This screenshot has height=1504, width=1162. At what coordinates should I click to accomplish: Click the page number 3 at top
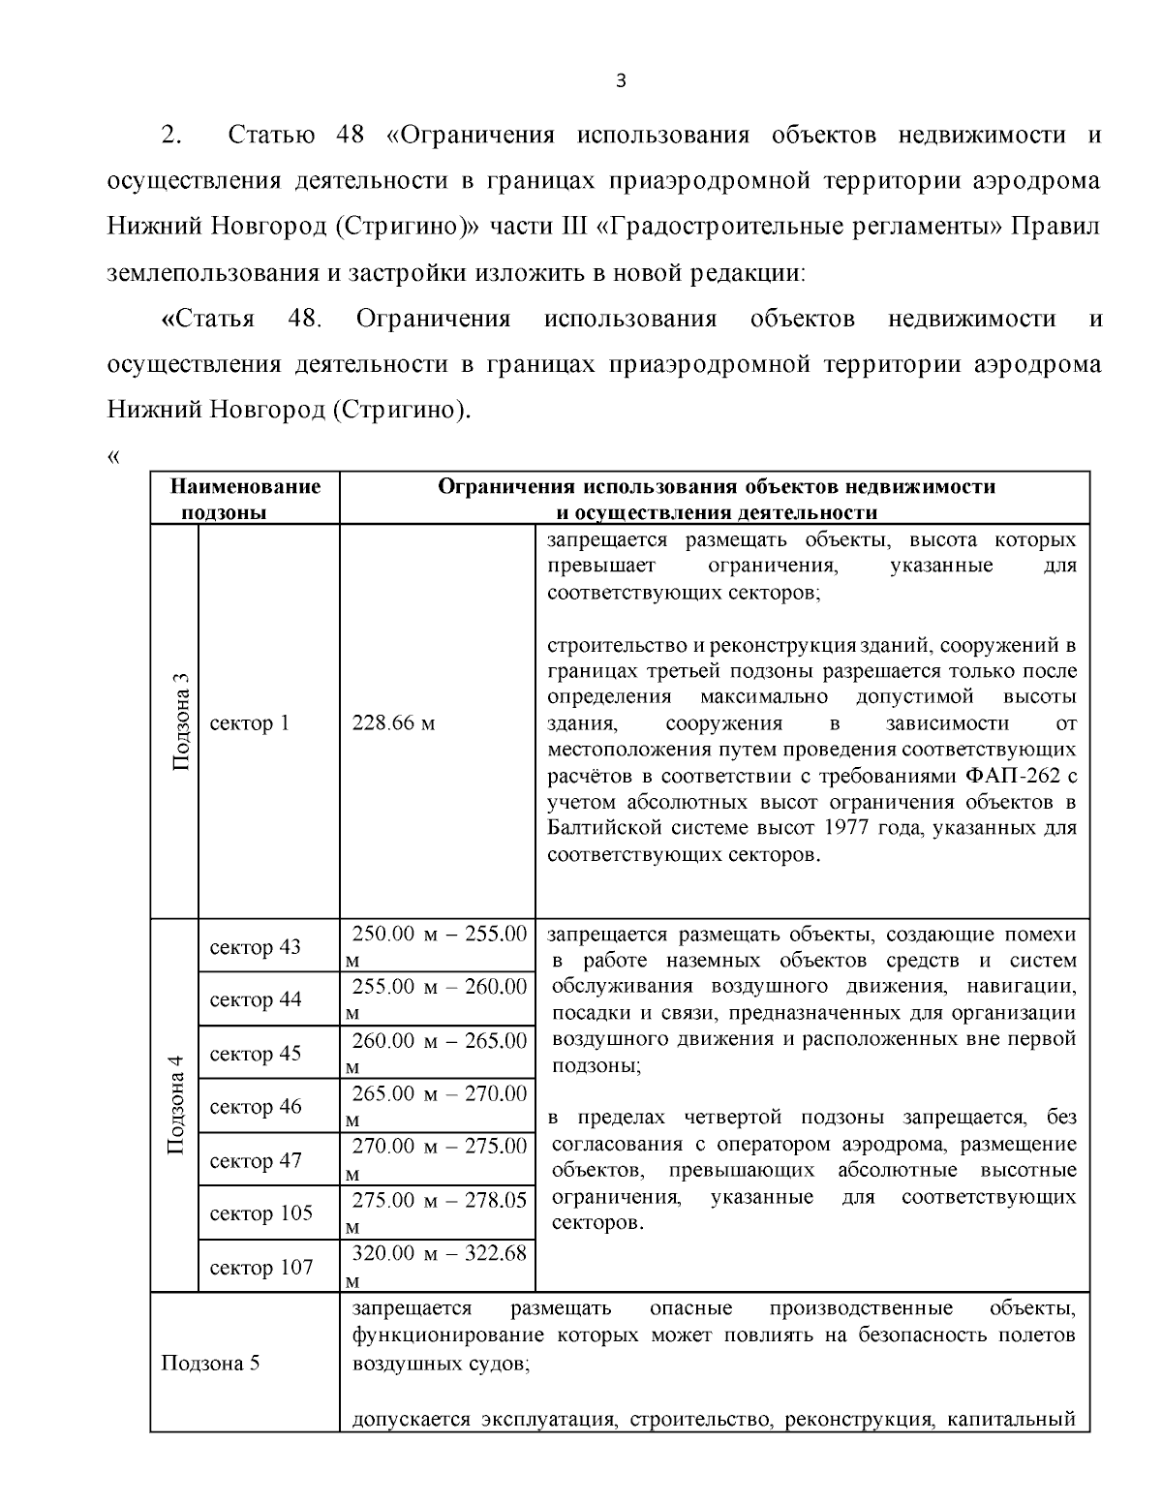click(x=621, y=81)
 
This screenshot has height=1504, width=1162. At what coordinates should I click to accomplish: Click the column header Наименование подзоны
click(x=245, y=499)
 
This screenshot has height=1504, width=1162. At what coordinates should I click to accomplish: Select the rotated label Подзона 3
click(x=180, y=721)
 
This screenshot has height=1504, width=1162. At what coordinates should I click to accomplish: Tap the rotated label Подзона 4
click(x=176, y=1105)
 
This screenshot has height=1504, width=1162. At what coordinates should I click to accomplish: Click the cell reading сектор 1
click(x=249, y=723)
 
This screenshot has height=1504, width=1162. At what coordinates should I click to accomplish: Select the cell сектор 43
click(x=255, y=947)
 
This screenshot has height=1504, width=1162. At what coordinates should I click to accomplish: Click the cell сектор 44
click(x=255, y=999)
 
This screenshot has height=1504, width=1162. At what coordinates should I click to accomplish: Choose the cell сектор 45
click(x=255, y=1054)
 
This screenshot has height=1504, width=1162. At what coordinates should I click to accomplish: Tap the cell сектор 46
click(x=255, y=1107)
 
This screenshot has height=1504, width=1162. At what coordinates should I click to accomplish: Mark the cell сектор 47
click(x=255, y=1160)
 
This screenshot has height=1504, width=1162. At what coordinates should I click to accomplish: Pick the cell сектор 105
click(x=260, y=1213)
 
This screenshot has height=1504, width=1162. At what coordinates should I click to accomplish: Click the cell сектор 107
click(x=260, y=1267)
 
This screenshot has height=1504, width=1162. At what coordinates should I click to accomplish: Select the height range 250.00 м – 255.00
click(x=439, y=935)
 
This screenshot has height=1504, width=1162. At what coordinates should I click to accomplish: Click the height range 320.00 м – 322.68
click(x=439, y=1253)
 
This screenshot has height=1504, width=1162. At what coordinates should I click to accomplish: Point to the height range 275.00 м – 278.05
click(x=439, y=1200)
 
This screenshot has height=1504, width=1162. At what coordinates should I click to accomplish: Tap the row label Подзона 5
click(x=210, y=1364)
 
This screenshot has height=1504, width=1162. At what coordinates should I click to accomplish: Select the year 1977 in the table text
click(x=847, y=829)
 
